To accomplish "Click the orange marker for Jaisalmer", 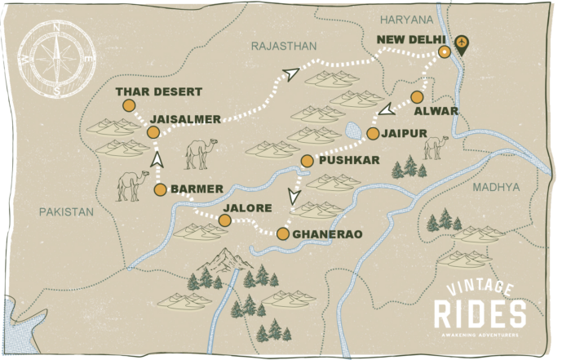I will coord(153,132).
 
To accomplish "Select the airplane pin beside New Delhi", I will coord(463,43).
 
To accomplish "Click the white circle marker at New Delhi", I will coord(444,51).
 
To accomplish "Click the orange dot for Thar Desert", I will coord(128,105).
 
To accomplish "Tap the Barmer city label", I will coord(197,189).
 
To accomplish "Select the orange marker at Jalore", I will coord(224,220).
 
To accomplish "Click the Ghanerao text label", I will coord(326,234).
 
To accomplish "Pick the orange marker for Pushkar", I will coord(307,161).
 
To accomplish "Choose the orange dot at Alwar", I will coord(417,96).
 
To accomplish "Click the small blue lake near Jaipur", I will coord(353,129).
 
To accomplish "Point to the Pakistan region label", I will coord(66,211).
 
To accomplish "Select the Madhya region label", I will coord(495,187).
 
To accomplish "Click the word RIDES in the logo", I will coord(480,314).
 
